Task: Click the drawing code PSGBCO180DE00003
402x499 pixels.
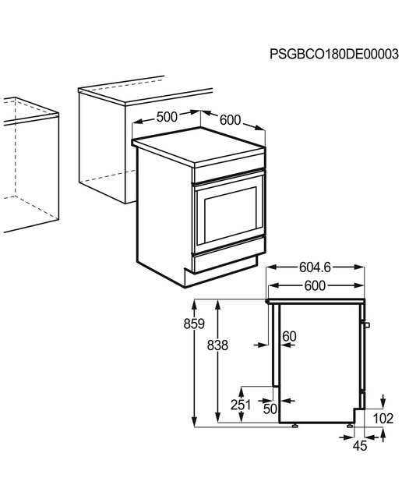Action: [x=334, y=54]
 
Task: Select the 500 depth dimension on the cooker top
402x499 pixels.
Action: [x=167, y=117]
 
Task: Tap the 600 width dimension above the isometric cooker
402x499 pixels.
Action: [x=231, y=120]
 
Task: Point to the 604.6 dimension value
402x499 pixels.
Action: [x=315, y=267]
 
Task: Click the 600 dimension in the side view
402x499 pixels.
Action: [x=315, y=285]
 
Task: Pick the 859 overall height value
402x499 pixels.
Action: [x=194, y=324]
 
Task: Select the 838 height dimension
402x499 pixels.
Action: [x=217, y=345]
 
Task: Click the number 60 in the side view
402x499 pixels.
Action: [x=289, y=336]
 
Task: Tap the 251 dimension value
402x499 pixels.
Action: [x=241, y=405]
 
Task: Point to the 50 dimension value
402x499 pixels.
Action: [x=270, y=409]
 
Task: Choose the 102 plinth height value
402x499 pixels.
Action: [x=383, y=419]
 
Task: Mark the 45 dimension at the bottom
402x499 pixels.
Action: [x=360, y=445]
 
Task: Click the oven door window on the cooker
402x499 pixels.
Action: [x=231, y=215]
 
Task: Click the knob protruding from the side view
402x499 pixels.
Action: [x=367, y=325]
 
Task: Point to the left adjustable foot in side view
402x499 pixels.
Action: [x=295, y=426]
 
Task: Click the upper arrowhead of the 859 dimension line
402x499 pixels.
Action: [x=194, y=304]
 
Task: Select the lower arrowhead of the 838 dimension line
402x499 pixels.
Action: [x=217, y=418]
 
